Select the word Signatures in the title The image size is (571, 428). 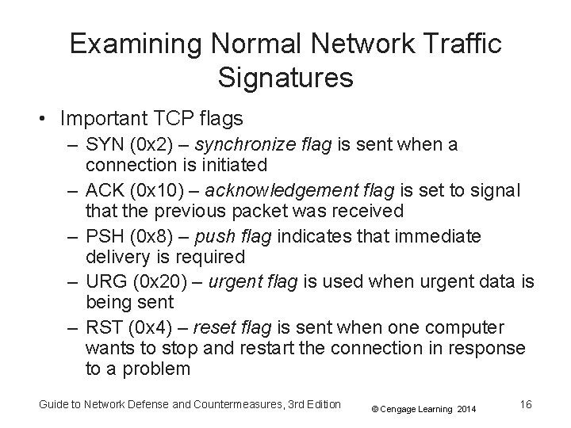point(285,77)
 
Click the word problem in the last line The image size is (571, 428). point(154,368)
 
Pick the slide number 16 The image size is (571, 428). point(524,404)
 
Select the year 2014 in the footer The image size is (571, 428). point(466,409)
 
